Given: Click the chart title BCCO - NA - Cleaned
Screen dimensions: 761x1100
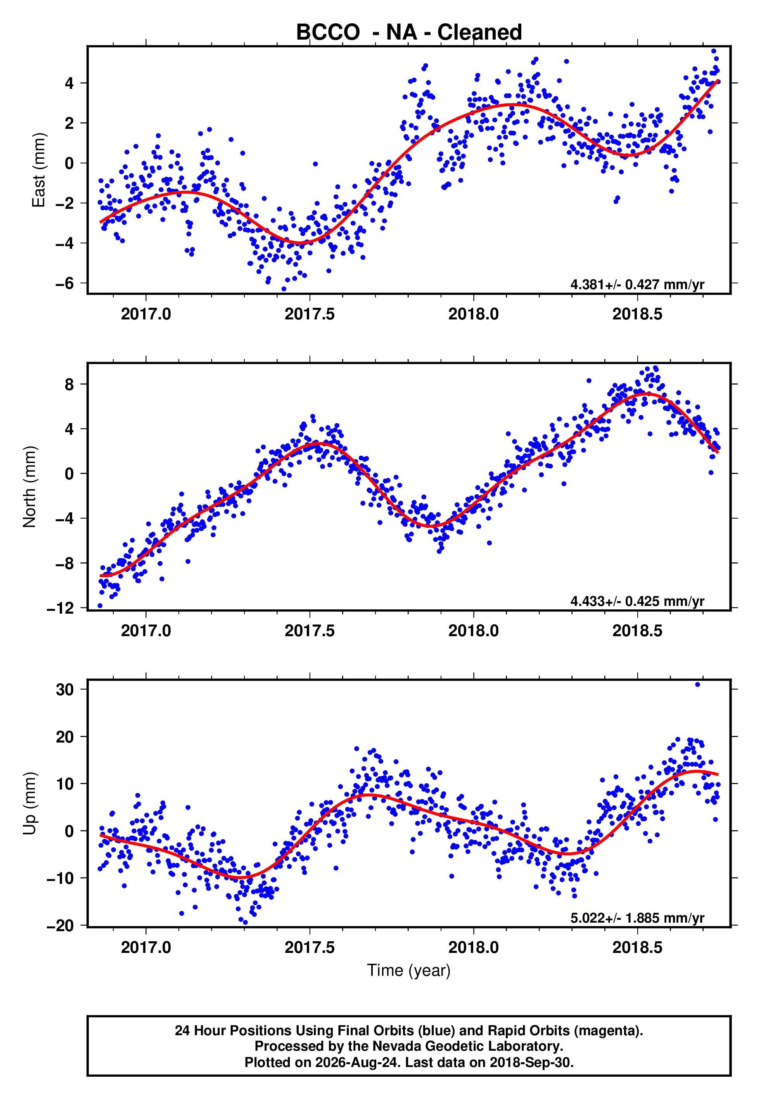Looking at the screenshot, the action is (x=409, y=33).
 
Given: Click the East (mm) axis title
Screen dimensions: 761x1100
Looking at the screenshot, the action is (x=38, y=170).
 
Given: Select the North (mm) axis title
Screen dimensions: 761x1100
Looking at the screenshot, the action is (x=29, y=487).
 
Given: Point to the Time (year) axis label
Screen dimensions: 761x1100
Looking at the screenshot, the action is (x=409, y=970).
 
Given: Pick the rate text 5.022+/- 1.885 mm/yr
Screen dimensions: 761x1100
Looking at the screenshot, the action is (x=637, y=918).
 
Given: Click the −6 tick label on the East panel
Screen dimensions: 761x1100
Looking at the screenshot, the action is (x=65, y=283).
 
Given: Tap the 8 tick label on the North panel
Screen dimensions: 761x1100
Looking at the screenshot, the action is (x=69, y=385).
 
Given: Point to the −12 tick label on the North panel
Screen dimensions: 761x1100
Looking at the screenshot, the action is (x=61, y=608).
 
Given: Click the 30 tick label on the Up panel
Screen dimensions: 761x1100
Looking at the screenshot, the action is (x=65, y=689).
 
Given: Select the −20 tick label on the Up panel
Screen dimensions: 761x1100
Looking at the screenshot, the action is (x=61, y=925).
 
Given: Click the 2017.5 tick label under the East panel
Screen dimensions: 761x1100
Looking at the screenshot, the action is (x=310, y=314).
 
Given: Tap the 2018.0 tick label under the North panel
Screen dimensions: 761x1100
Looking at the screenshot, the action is (x=474, y=631).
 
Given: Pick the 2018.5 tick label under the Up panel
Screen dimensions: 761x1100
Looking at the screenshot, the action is (x=638, y=947).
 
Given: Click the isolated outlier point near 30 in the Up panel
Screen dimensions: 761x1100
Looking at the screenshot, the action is (x=697, y=685).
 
